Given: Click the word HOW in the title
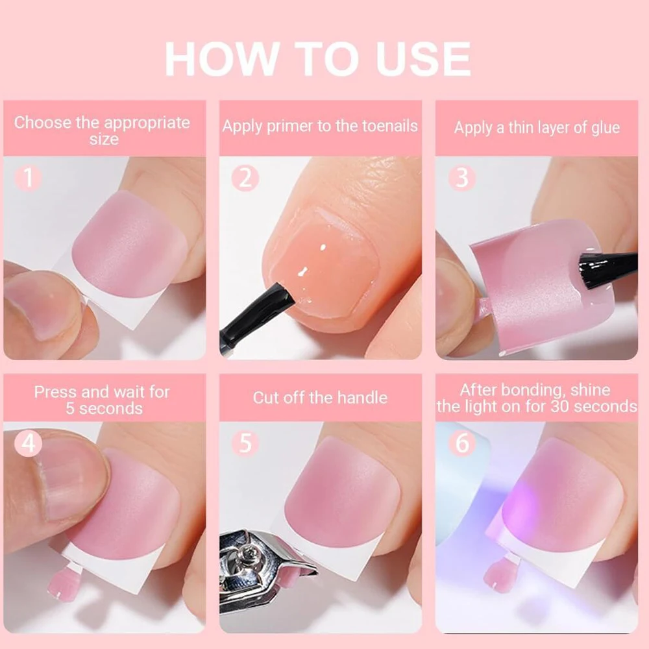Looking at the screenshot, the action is tap(221, 59).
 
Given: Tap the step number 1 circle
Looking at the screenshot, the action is tap(28, 178).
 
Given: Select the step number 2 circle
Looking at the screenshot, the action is tap(245, 178).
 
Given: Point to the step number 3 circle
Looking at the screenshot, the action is tap(462, 178).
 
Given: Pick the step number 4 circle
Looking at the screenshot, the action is tap(28, 443).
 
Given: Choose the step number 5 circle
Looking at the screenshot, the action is tap(245, 443).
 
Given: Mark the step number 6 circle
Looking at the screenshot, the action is tap(462, 443).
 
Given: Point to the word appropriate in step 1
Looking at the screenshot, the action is tap(147, 123).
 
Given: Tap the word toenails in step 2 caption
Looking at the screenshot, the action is tap(390, 126).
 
